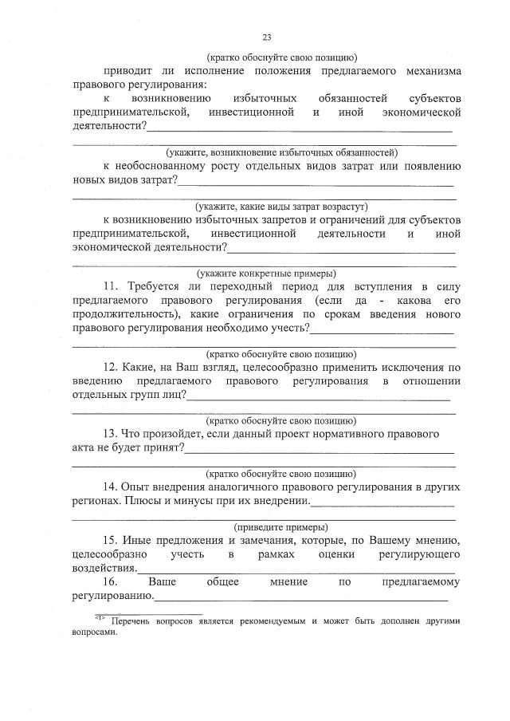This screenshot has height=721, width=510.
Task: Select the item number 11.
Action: pos(112,286)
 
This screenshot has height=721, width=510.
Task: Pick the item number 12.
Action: pos(112,368)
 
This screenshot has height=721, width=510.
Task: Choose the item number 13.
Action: pos(112,435)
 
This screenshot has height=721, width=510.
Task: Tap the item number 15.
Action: pos(112,542)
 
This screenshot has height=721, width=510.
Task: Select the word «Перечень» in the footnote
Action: pos(133,620)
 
